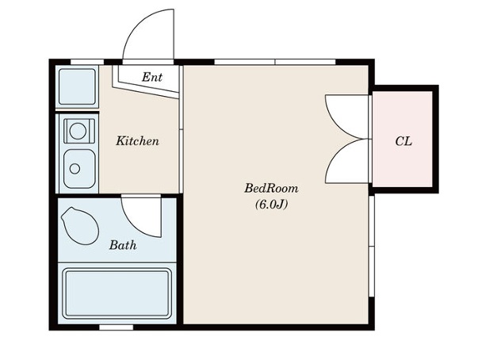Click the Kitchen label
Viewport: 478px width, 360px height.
tap(137, 141)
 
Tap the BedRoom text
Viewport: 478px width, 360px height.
tap(271, 188)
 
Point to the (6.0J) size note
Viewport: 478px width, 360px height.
tap(271, 205)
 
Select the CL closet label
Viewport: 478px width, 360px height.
tap(403, 141)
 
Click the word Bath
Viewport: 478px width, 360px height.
tap(123, 245)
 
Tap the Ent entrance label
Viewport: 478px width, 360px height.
tap(152, 77)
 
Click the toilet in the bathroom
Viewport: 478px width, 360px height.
tap(80, 225)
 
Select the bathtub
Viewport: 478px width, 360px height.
tap(117, 293)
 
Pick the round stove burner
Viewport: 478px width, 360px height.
tap(78, 131)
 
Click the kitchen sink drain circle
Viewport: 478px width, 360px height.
tap(75, 169)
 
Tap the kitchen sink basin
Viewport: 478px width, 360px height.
tap(79, 169)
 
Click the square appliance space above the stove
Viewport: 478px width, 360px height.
tap(77, 87)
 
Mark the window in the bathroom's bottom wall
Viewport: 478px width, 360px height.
tap(117, 327)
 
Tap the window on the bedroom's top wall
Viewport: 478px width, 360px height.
tap(275, 62)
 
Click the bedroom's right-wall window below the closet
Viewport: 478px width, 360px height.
tap(371, 246)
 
